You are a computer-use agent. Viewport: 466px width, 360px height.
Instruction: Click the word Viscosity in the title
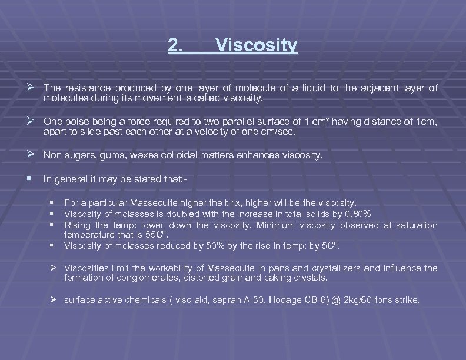(x=257, y=45)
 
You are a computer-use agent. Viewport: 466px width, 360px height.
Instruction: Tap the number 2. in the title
(x=175, y=45)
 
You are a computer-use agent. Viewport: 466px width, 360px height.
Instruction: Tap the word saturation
(x=417, y=225)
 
